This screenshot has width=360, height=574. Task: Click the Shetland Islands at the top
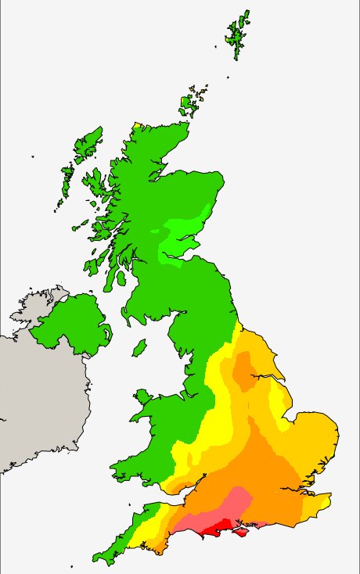pos(237,35)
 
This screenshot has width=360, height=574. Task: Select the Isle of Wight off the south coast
pos(243,532)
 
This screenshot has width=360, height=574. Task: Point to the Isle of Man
pos(139,346)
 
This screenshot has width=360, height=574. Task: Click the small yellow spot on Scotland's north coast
pos(137,125)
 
